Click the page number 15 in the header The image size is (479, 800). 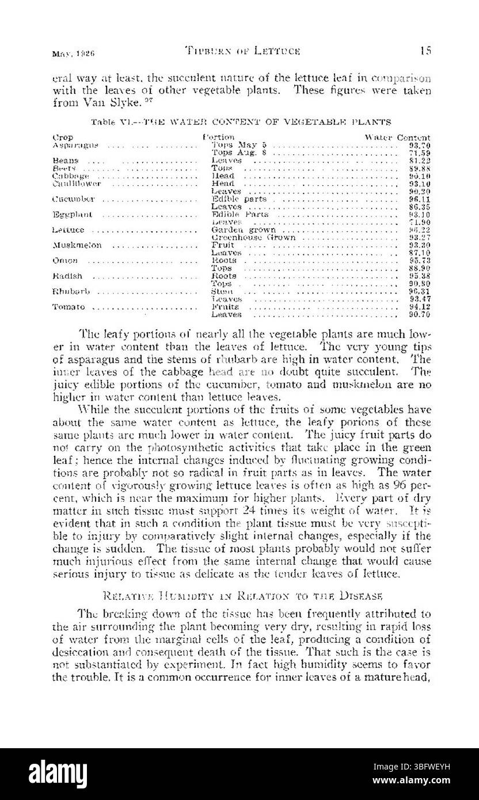pyautogui.click(x=425, y=51)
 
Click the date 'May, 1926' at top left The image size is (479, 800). pyautogui.click(x=73, y=52)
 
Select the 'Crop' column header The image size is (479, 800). pyautogui.click(x=62, y=138)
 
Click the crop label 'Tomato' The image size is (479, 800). pyautogui.click(x=69, y=307)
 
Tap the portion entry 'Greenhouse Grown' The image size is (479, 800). pyautogui.click(x=253, y=238)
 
